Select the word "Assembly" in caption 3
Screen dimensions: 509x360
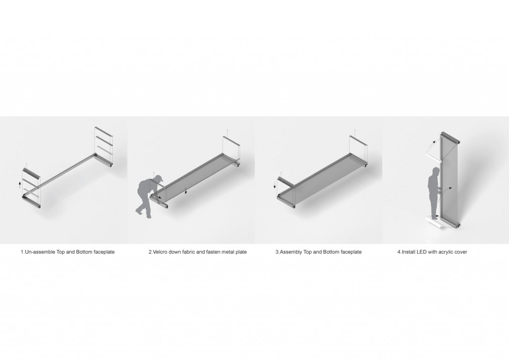(291, 252)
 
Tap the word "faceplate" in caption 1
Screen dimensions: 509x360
(104, 252)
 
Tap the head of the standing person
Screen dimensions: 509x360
(434, 172)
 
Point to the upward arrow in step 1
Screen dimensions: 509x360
(20, 185)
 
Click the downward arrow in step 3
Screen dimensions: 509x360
(274, 185)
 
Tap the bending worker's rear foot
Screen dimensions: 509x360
(139, 211)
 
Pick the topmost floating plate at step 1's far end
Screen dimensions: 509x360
(103, 131)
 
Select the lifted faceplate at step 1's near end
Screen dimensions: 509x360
(31, 173)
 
